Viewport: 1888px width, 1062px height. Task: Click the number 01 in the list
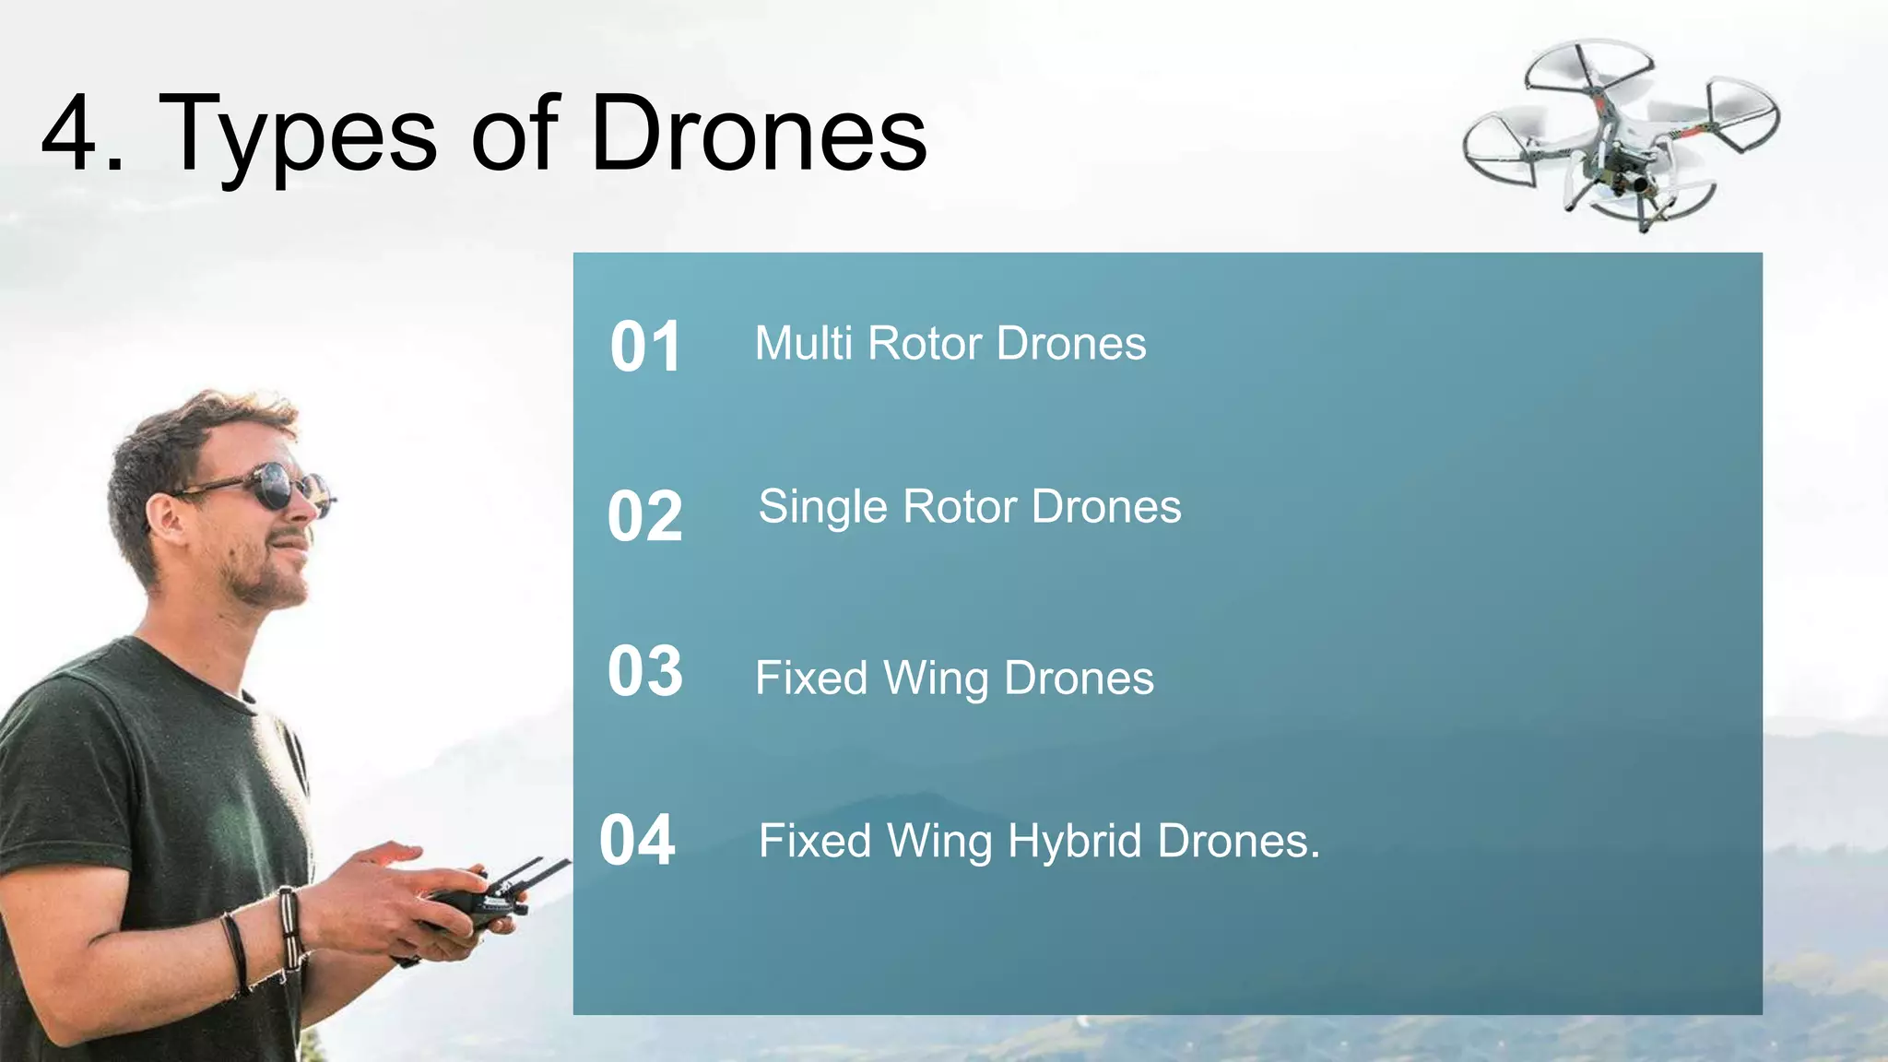tap(645, 348)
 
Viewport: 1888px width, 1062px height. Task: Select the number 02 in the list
tap(644, 516)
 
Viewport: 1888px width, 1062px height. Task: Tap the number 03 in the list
tap(645, 671)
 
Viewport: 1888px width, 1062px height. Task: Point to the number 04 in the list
tap(637, 841)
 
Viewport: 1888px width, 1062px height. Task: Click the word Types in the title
tap(298, 136)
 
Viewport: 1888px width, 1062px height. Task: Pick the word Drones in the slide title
tap(758, 136)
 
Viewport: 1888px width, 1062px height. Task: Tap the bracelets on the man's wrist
tap(289, 926)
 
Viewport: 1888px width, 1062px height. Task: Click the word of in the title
tap(514, 136)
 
